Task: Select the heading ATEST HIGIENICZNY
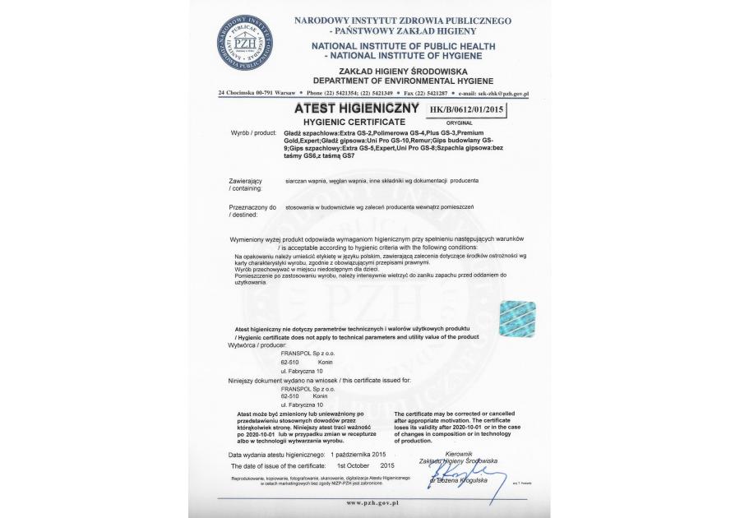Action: tap(354, 109)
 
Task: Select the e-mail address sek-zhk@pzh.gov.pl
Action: tap(498, 95)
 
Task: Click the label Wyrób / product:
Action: tap(255, 132)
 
